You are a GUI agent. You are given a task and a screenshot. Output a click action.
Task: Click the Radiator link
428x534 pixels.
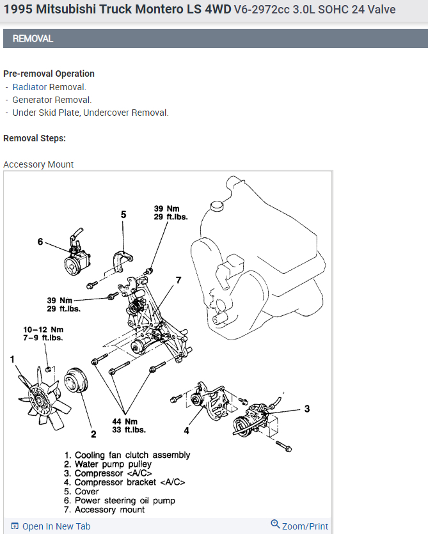click(x=29, y=87)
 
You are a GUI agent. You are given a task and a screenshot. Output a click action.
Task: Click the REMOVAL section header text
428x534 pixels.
click(x=33, y=39)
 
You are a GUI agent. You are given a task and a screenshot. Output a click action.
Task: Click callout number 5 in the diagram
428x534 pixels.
click(x=123, y=215)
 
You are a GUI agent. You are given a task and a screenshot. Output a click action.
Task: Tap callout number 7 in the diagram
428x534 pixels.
click(x=178, y=280)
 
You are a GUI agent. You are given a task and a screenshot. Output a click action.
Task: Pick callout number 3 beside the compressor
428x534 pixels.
click(x=307, y=409)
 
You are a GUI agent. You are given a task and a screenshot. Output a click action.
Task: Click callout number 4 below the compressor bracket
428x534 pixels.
click(x=186, y=430)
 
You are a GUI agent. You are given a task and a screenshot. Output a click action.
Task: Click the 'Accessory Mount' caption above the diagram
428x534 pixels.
click(x=38, y=164)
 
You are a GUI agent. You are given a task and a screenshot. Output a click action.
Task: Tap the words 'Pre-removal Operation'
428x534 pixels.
click(x=49, y=74)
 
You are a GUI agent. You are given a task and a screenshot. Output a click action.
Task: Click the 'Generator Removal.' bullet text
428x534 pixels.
click(x=52, y=100)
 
